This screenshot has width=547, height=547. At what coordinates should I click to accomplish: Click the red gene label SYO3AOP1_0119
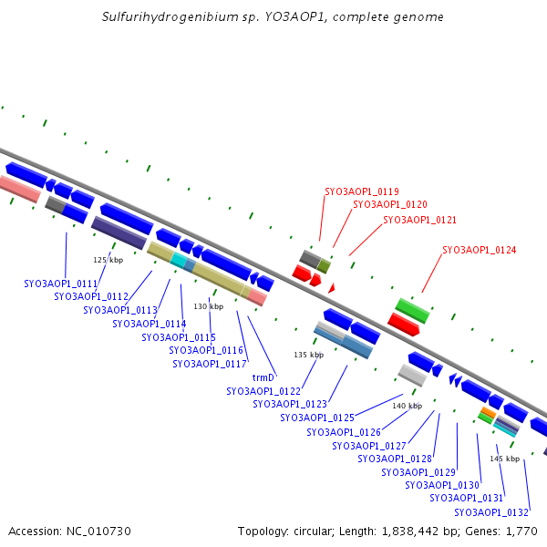point(362,191)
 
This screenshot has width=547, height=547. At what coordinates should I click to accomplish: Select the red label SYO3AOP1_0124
point(479,250)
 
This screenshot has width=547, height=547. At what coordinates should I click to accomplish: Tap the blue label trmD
point(263,377)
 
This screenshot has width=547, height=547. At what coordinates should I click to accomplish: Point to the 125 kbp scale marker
point(108,260)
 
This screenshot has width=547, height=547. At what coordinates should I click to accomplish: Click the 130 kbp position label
point(208,306)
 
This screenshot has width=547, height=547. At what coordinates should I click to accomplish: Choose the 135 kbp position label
point(309,355)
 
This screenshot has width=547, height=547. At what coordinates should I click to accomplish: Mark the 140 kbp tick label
point(408,406)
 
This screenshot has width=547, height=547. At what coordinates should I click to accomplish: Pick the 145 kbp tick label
point(505,459)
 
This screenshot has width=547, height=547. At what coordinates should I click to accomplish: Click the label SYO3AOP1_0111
point(61,284)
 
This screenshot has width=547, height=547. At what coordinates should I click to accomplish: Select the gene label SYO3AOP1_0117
point(210,364)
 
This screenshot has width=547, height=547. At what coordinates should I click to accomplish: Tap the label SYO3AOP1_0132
point(491,512)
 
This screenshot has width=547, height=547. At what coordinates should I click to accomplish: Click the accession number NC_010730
point(98,532)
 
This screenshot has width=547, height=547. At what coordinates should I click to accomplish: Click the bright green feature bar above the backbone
point(412,311)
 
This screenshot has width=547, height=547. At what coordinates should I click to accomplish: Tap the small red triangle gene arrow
point(332,288)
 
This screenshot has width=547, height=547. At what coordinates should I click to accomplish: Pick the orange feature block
point(489,412)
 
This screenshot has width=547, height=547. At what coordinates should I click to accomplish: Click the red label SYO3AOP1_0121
point(419,220)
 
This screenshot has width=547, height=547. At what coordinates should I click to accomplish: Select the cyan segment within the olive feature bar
point(179,260)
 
